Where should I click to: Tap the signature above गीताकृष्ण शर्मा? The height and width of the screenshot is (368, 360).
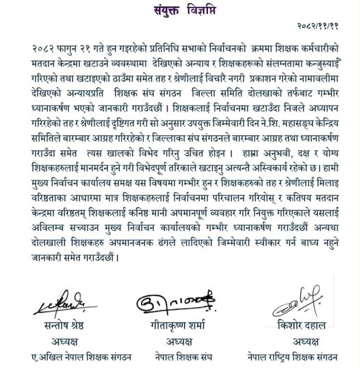tap(181, 302)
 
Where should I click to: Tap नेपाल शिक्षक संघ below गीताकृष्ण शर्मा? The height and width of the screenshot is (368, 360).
tap(181, 357)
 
